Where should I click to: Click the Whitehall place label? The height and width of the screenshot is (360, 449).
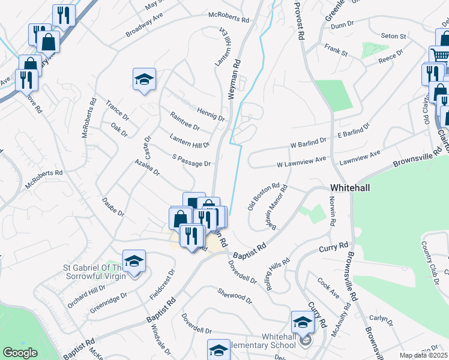click(349, 188)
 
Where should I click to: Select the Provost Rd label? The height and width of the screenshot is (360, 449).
click(298, 20)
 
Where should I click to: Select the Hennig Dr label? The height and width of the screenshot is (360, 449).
click(210, 113)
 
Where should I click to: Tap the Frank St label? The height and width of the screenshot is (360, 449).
click(337, 51)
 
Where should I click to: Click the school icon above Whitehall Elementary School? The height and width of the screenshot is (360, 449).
click(302, 323)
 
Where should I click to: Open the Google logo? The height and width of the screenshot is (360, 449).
click(20, 353)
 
